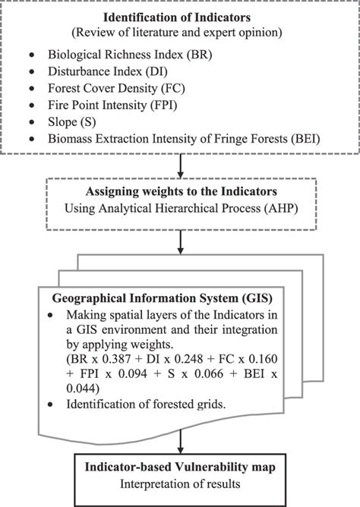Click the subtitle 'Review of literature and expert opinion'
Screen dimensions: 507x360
[179, 33]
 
